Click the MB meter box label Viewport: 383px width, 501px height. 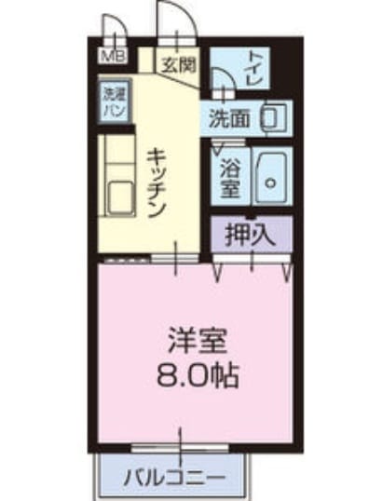click(x=114, y=57)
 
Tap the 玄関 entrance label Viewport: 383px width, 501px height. click(x=178, y=65)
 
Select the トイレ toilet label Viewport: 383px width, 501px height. click(x=254, y=69)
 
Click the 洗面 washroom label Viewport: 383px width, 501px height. click(x=229, y=119)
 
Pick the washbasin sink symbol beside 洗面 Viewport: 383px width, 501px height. click(x=273, y=118)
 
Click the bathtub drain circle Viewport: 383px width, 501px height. click(x=271, y=183)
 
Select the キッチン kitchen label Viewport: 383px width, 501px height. click(x=157, y=183)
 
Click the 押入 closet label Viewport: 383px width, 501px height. click(x=250, y=235)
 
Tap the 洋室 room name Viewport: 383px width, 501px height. click(x=198, y=341)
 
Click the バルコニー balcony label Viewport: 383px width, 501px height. click(x=174, y=478)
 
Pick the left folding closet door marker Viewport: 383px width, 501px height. click(x=217, y=273)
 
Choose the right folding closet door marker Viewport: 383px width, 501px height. click(x=287, y=273)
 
